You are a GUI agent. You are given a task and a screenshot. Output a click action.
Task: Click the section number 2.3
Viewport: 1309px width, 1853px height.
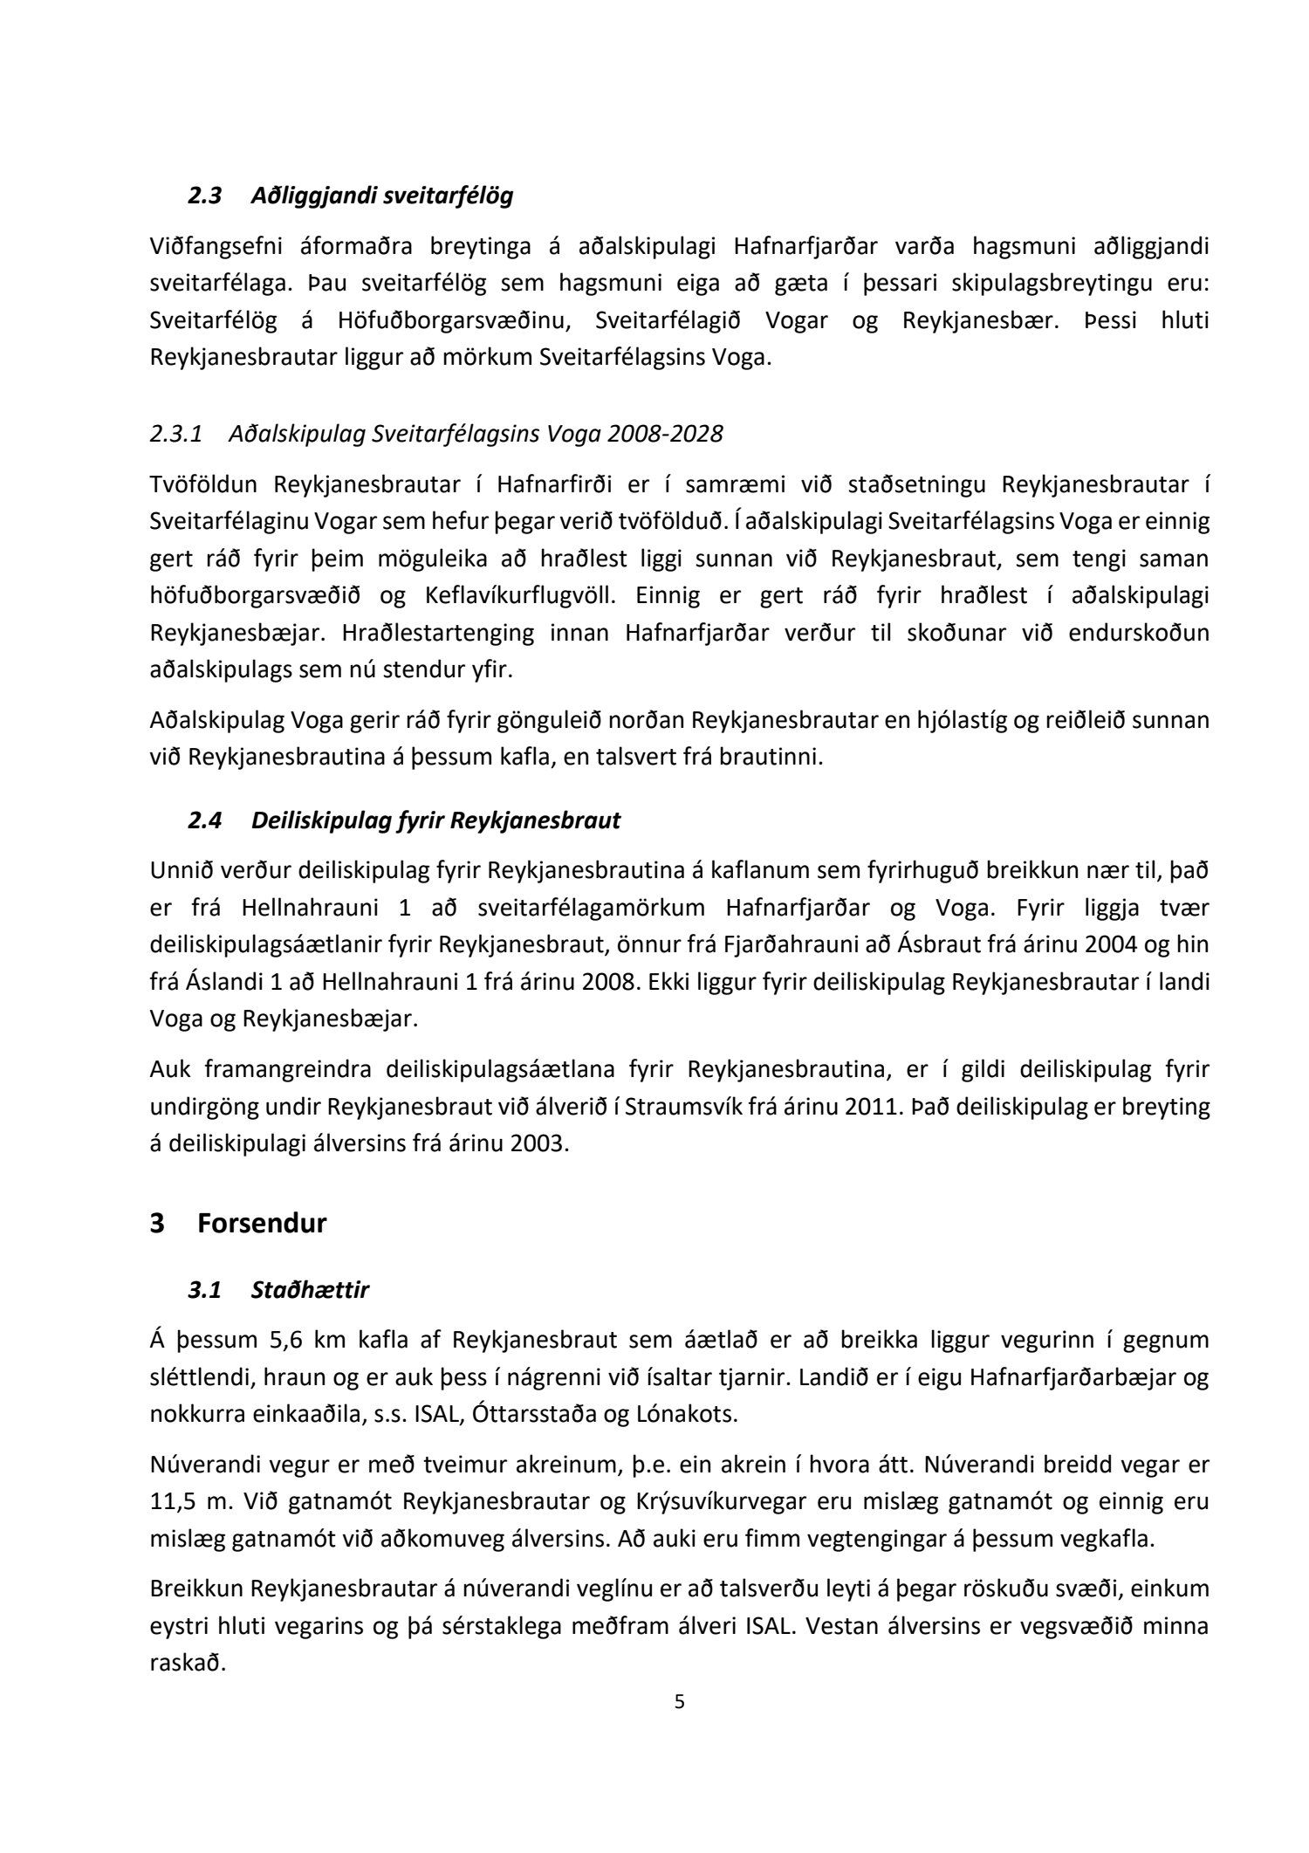[x=205, y=196]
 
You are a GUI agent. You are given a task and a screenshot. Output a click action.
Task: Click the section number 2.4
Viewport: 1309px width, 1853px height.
[x=205, y=820]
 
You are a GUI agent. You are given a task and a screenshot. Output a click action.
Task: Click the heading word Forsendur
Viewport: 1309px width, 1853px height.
[x=262, y=1224]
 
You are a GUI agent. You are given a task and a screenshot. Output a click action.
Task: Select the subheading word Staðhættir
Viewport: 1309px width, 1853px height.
[x=310, y=1290]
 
